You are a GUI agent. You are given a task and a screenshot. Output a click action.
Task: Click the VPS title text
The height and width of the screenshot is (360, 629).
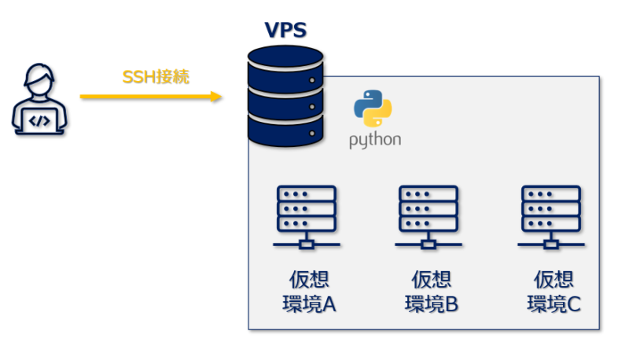(x=285, y=31)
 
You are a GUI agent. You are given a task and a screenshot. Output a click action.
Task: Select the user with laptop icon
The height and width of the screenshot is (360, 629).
(x=40, y=100)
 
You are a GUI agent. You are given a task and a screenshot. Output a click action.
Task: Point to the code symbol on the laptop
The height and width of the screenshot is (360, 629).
(x=40, y=120)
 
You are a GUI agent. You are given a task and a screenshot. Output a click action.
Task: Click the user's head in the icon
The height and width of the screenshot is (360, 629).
(x=40, y=83)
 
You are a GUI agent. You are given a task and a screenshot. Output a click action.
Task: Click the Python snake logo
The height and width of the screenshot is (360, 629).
(x=373, y=108)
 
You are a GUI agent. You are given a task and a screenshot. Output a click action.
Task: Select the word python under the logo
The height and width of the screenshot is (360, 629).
(x=375, y=140)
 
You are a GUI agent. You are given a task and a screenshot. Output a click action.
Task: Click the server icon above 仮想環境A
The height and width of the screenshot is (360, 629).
(x=307, y=217)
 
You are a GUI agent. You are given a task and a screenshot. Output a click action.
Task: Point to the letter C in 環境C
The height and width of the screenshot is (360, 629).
(x=572, y=304)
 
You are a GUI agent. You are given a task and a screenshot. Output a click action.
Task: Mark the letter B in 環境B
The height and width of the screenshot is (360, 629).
(x=451, y=304)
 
